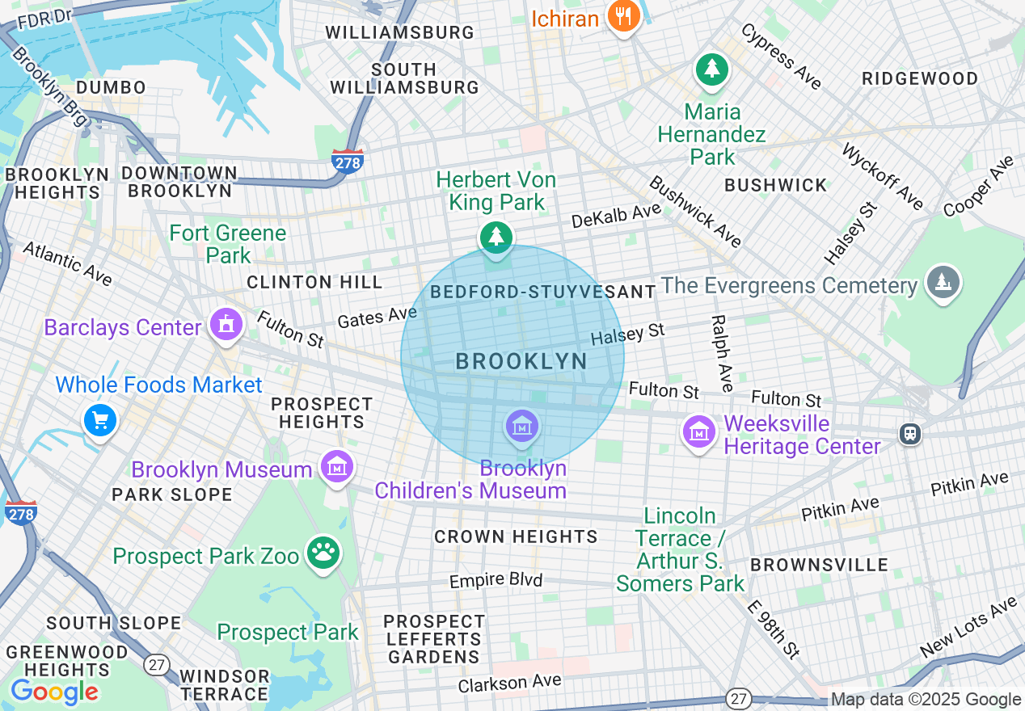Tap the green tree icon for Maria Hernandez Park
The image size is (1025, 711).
(x=711, y=69)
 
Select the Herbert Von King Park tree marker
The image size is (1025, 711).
(x=496, y=238)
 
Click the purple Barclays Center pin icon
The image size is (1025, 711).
(x=226, y=325)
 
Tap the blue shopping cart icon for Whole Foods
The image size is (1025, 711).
(x=100, y=420)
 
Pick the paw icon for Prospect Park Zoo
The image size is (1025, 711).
(x=324, y=553)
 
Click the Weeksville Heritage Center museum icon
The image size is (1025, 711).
(x=699, y=431)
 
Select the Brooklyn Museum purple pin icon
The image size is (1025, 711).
(x=336, y=466)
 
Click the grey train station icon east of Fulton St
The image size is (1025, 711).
(x=910, y=434)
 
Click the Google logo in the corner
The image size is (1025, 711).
(x=54, y=692)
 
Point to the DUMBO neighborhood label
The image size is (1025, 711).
(x=111, y=87)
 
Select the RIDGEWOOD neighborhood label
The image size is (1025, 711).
(x=920, y=78)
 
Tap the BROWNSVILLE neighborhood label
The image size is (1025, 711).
(x=819, y=565)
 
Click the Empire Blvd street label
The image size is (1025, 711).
(x=496, y=580)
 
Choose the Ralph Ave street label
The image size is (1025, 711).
(x=721, y=353)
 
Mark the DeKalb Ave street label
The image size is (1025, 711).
(x=616, y=216)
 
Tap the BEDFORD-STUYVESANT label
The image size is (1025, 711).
(x=543, y=292)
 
